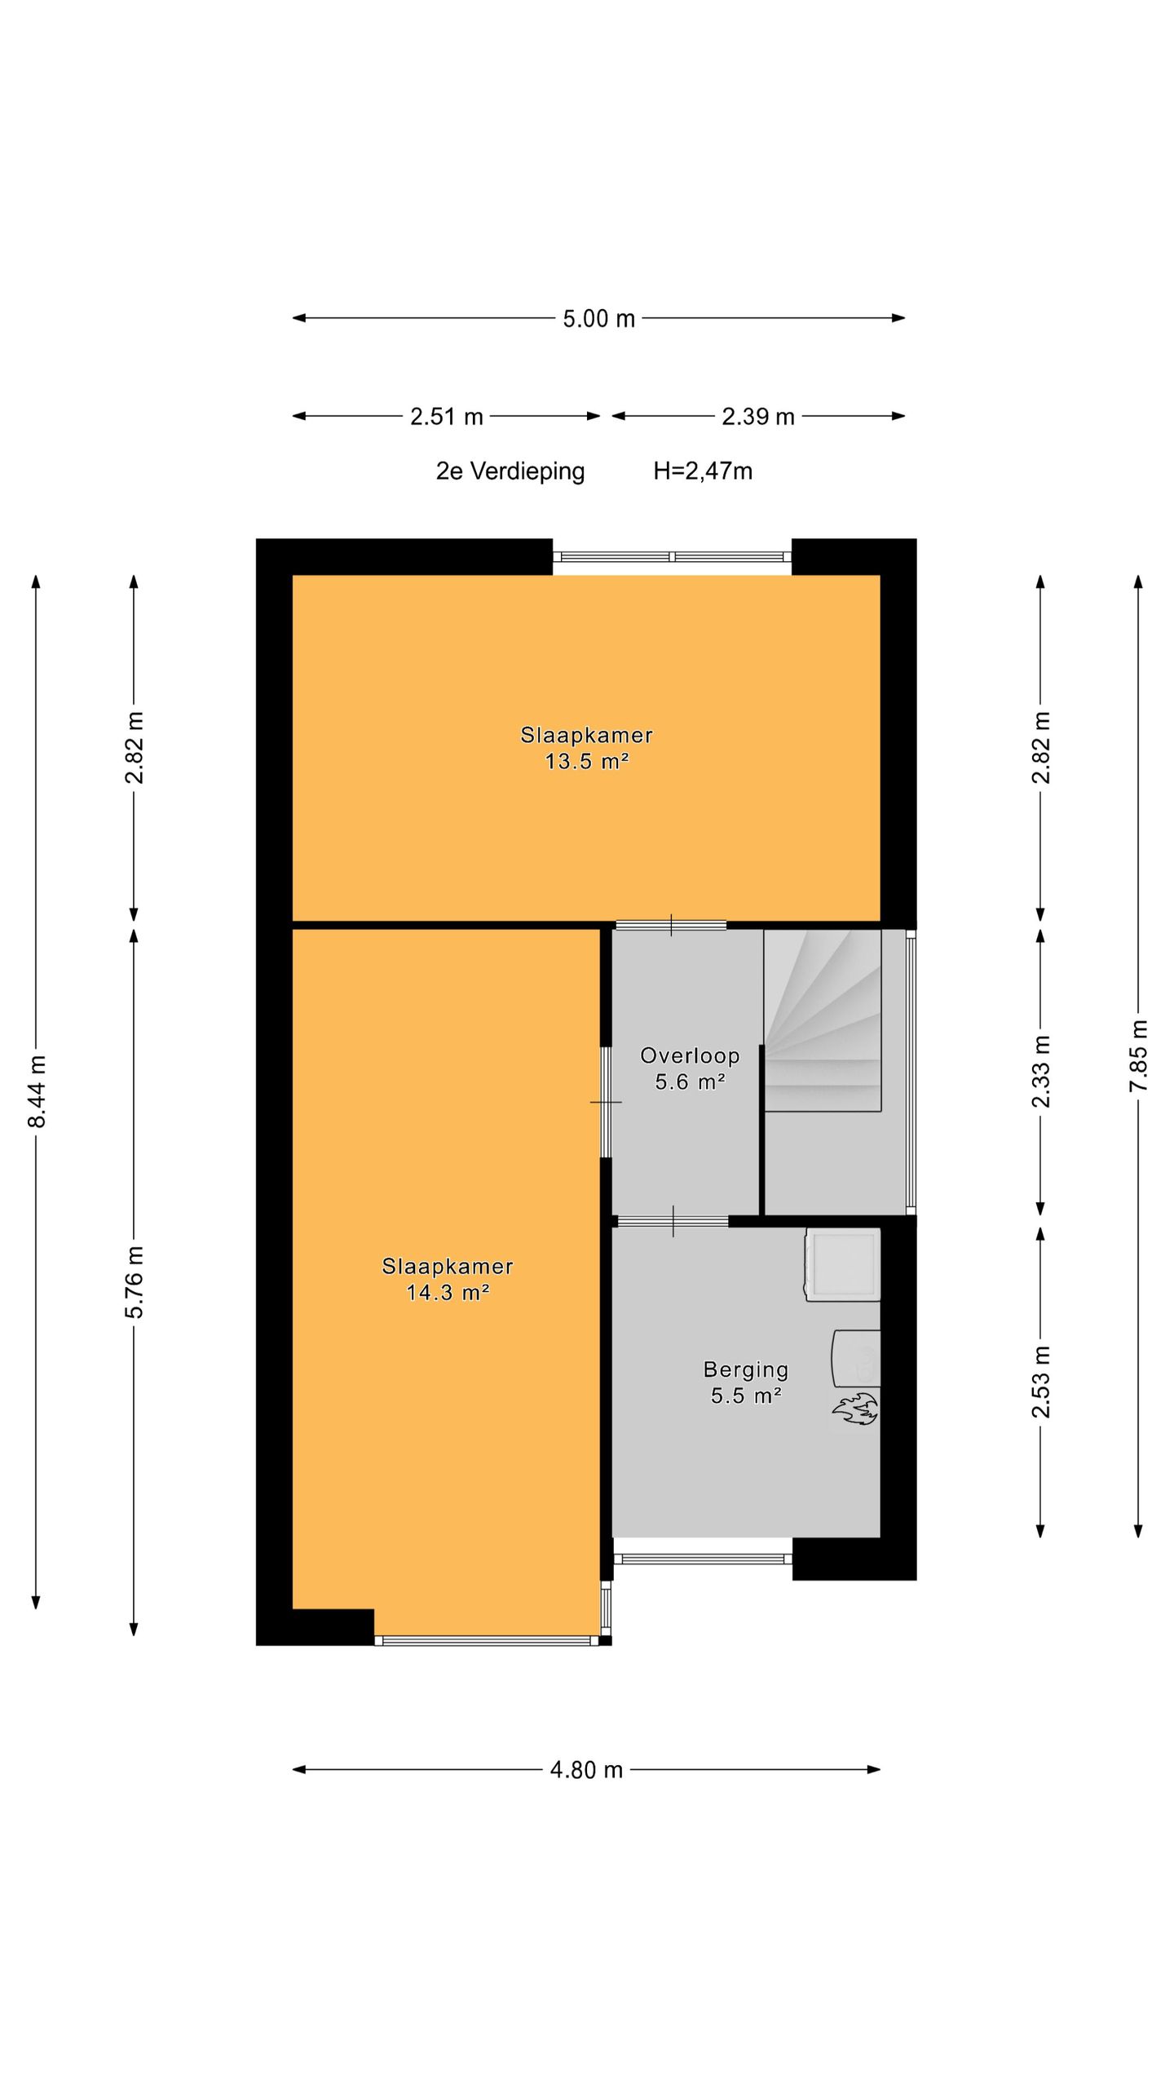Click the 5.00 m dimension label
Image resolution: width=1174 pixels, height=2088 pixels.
[598, 318]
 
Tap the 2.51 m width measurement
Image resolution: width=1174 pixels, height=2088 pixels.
[446, 416]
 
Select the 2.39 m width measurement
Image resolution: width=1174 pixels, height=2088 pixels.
[757, 416]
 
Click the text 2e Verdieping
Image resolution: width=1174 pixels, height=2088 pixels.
[510, 471]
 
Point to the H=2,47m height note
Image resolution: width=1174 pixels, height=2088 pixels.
[703, 471]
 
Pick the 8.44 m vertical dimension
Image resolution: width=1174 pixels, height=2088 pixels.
[37, 1091]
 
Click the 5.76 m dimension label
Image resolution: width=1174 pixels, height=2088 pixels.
[135, 1281]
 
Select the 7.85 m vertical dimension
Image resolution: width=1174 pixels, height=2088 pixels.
[1138, 1055]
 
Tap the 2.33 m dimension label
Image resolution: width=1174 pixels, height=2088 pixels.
[1040, 1071]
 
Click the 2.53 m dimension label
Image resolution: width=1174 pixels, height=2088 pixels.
[1040, 1382]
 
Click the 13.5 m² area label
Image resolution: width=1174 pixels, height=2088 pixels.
[587, 761]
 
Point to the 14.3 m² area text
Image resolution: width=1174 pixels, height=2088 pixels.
[448, 1292]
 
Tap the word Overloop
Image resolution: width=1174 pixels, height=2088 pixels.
[690, 1055]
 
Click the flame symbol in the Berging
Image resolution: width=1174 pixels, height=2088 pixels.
[854, 1409]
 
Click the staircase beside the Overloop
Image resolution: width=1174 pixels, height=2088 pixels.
[823, 1020]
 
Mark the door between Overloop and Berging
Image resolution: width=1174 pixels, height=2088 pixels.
[673, 1221]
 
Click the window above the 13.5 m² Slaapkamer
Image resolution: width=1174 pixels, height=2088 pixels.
[673, 557]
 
